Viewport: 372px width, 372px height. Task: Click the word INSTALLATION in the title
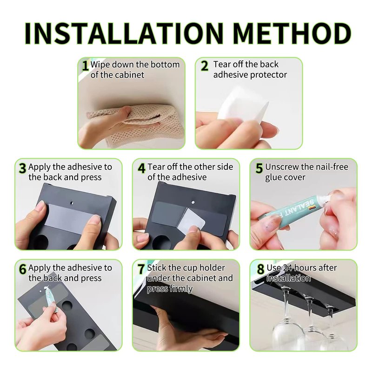[x=124, y=33]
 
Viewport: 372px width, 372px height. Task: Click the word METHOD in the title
[x=292, y=33]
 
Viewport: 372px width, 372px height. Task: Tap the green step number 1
[x=85, y=66]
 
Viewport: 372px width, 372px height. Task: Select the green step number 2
[x=204, y=66]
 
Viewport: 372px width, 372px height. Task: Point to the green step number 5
[x=259, y=168]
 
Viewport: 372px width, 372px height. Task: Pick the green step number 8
[x=260, y=269]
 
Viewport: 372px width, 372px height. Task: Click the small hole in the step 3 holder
[x=72, y=203]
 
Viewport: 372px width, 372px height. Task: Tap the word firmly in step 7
[x=180, y=289]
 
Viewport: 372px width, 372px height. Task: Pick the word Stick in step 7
[x=157, y=268]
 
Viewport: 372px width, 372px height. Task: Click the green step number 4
[x=141, y=168]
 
